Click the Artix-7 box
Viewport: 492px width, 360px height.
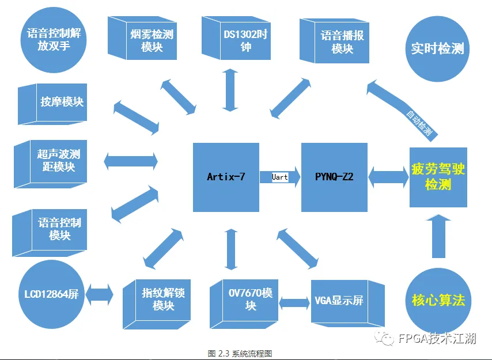(226, 177)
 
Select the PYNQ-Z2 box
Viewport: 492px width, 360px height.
(334, 177)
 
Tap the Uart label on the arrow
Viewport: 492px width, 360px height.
(280, 177)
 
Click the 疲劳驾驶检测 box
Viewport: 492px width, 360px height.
(438, 177)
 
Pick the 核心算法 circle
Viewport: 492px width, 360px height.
(438, 300)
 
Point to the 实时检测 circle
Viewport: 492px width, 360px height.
(437, 48)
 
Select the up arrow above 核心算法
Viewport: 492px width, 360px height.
(438, 236)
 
